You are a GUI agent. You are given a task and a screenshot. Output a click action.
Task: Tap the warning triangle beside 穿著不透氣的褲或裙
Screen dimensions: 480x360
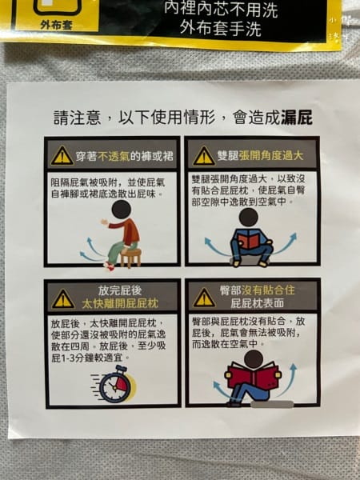pos(62,155)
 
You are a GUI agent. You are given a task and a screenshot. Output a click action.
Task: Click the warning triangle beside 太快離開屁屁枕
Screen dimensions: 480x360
pos(62,299)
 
